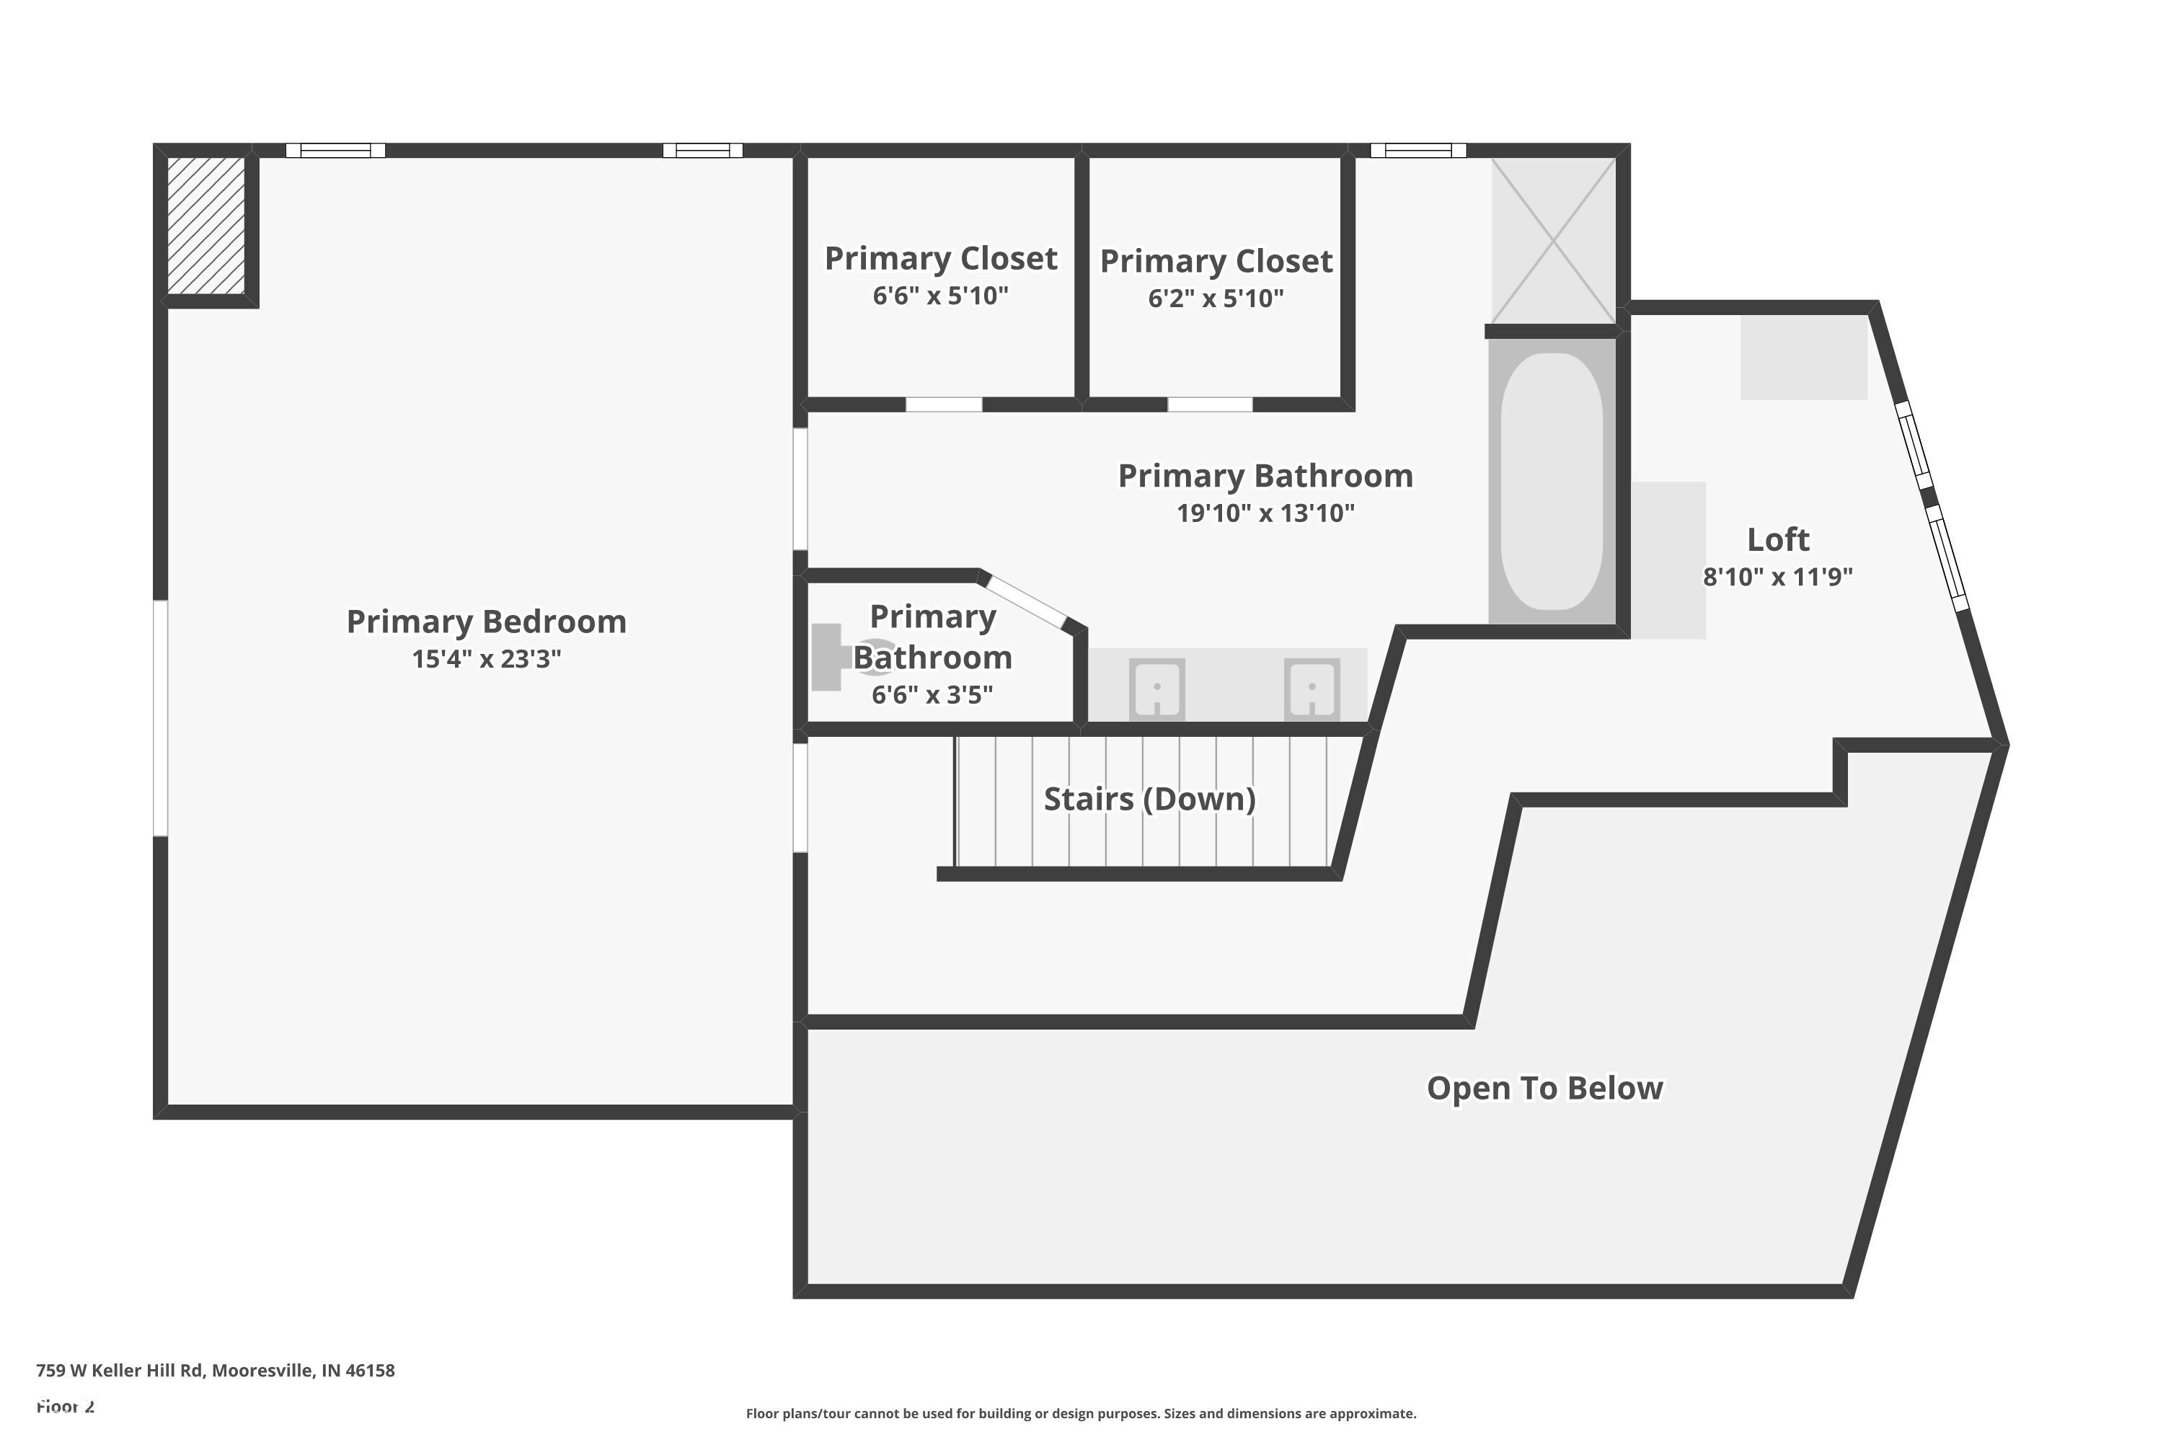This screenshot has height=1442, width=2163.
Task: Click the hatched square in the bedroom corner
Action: [x=206, y=225]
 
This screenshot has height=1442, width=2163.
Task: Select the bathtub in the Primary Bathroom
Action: [x=1552, y=481]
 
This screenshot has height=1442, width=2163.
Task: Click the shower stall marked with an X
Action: [x=1552, y=241]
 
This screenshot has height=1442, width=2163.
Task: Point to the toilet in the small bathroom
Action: [x=841, y=657]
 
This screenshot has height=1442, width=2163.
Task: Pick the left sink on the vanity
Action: [x=1157, y=687]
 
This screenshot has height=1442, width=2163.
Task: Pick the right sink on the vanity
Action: [x=1311, y=687]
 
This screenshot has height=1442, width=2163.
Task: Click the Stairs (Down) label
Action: [x=1149, y=799]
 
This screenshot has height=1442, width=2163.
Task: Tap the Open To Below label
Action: [x=1544, y=1088]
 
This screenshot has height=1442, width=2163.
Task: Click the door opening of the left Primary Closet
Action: [x=944, y=404]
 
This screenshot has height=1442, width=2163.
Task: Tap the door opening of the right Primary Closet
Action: [x=1209, y=404]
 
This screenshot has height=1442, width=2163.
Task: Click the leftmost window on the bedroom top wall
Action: [x=335, y=151]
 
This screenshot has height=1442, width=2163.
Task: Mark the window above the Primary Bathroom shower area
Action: [x=1417, y=151]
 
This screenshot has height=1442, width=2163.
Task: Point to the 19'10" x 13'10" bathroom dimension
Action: [x=1265, y=513]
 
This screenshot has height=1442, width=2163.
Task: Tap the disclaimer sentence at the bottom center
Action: [x=1081, y=1413]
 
